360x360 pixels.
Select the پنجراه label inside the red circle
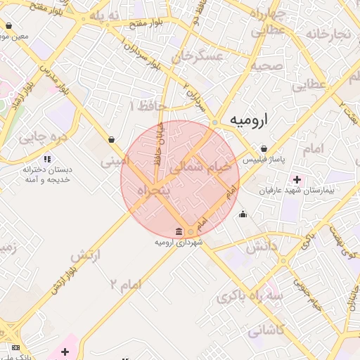(x=153, y=191)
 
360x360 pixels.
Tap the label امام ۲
(x=126, y=283)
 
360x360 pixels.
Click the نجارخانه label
(x=330, y=34)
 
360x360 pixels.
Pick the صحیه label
(x=267, y=66)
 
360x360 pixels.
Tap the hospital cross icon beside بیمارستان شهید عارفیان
(x=297, y=179)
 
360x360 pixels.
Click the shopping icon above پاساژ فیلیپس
(x=264, y=148)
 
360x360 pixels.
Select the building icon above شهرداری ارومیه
(x=179, y=232)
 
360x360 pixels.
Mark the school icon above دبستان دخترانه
(x=47, y=159)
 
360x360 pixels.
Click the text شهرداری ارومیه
(x=179, y=243)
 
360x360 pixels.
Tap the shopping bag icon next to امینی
(x=112, y=139)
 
